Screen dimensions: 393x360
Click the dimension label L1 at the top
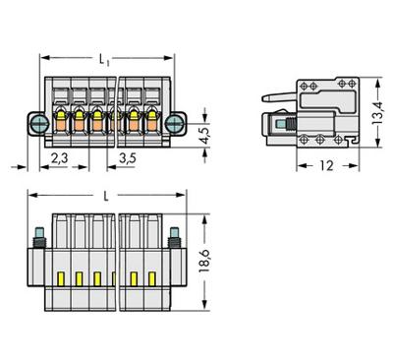(x=104, y=60)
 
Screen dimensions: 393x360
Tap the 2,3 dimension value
(x=59, y=158)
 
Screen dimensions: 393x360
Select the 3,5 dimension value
(x=127, y=158)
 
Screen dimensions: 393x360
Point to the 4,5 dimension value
(x=205, y=135)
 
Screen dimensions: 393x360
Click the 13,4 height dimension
(x=377, y=112)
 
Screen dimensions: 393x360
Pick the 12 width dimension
(x=327, y=165)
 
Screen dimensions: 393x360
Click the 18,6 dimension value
(x=204, y=261)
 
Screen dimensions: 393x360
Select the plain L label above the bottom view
(x=106, y=197)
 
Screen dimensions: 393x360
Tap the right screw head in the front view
(x=173, y=124)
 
